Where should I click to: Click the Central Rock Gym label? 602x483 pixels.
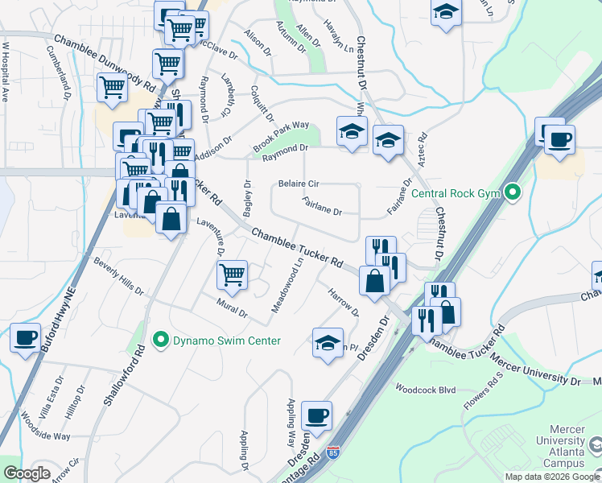(x=456, y=193)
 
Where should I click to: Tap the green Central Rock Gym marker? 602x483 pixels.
(x=510, y=193)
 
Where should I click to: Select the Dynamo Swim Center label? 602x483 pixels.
(x=227, y=341)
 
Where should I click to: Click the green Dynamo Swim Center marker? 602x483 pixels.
(x=160, y=341)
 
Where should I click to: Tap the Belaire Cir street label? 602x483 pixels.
(x=299, y=184)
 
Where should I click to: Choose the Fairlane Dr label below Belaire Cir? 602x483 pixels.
(x=323, y=207)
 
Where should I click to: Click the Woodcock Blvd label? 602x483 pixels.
(x=426, y=390)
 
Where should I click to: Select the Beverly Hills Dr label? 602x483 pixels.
(x=118, y=275)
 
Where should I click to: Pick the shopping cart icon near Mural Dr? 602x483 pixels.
(x=233, y=275)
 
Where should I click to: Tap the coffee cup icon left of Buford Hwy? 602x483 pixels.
(x=25, y=337)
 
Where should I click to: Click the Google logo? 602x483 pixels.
(x=27, y=473)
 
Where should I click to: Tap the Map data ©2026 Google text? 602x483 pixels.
(x=552, y=477)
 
